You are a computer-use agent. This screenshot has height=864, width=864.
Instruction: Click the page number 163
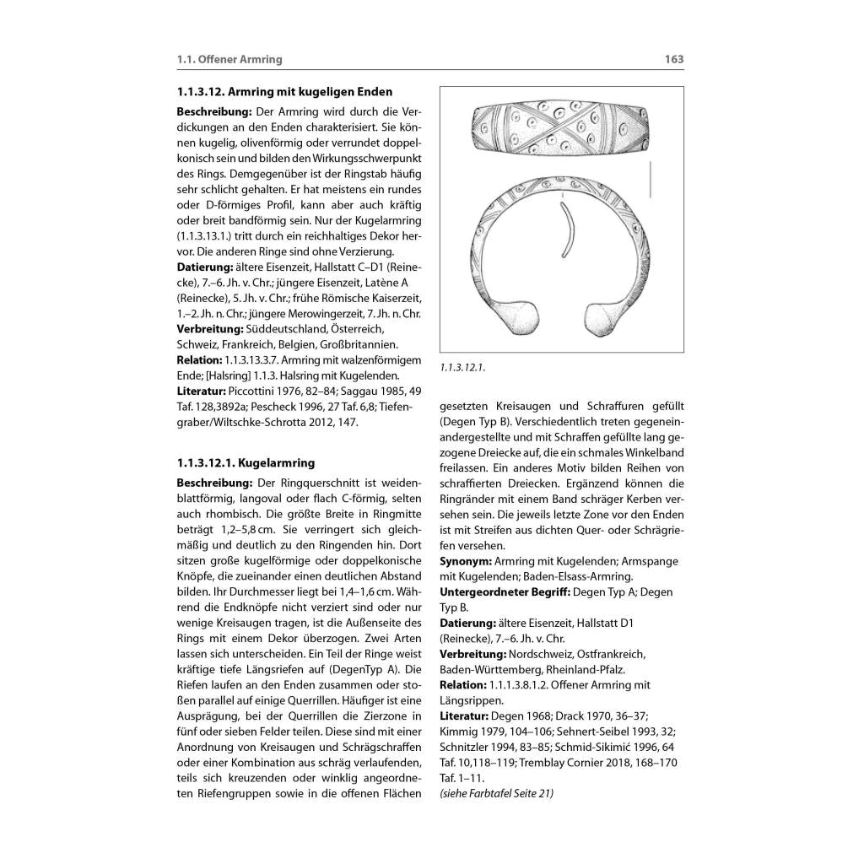pyautogui.click(x=673, y=59)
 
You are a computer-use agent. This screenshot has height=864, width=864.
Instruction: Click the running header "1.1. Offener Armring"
pyautogui.click(x=229, y=59)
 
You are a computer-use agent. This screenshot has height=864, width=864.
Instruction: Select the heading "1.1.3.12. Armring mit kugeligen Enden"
pyautogui.click(x=284, y=91)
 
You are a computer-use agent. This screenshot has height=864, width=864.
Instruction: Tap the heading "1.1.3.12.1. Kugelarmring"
pyautogui.click(x=246, y=462)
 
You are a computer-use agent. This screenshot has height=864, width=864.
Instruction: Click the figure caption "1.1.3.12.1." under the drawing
pyautogui.click(x=463, y=368)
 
